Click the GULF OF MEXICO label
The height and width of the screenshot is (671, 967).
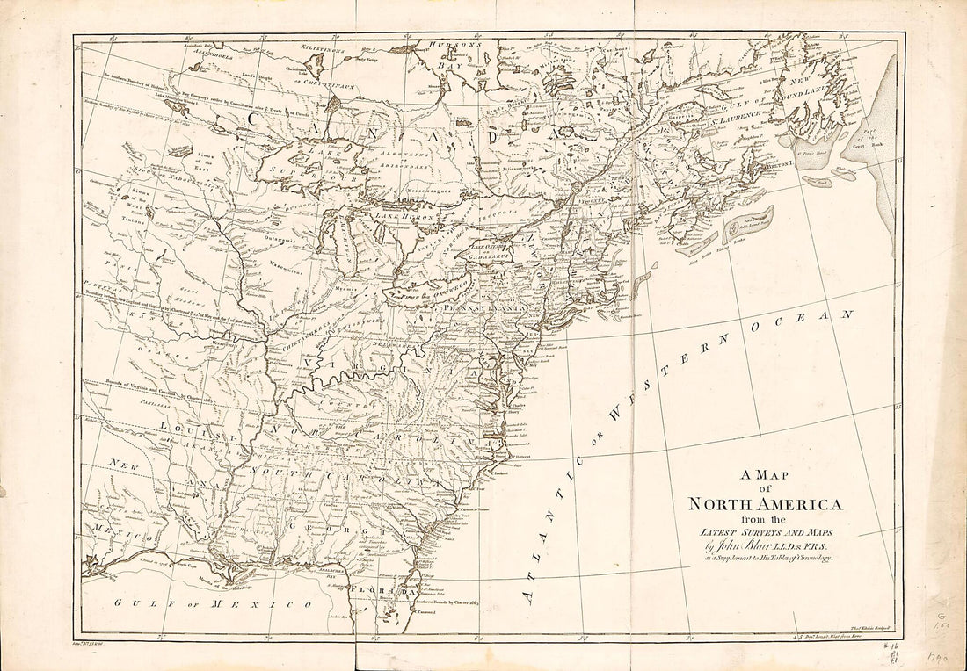tap(214, 603)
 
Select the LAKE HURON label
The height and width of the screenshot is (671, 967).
tap(401, 214)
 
